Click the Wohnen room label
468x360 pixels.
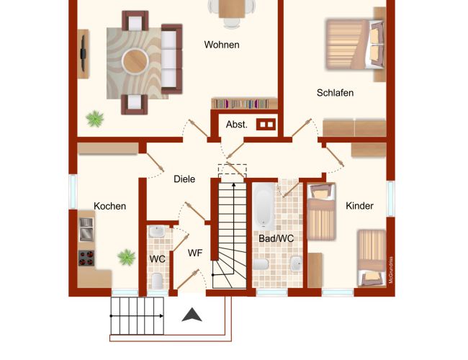[x=222, y=45]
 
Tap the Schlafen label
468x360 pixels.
[x=336, y=93]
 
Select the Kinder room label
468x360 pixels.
[x=359, y=206]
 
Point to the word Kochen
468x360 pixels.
[x=110, y=206]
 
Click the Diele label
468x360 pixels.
[x=184, y=179]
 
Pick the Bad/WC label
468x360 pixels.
[x=276, y=238]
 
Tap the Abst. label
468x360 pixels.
[x=237, y=125]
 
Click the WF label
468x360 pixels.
[x=195, y=253]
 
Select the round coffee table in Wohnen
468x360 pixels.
[x=135, y=61]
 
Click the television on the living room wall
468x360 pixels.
[x=83, y=54]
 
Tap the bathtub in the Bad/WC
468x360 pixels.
[x=264, y=207]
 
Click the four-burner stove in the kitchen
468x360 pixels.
[x=86, y=258]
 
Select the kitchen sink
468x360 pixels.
[x=86, y=229]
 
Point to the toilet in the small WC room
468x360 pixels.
[x=157, y=281]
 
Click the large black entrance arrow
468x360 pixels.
[x=192, y=315]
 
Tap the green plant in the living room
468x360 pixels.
[x=95, y=119]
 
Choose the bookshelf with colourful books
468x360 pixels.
[x=245, y=103]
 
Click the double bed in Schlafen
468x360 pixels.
[x=355, y=44]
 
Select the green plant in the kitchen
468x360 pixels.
[x=126, y=257]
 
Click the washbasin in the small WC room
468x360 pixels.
[x=157, y=231]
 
